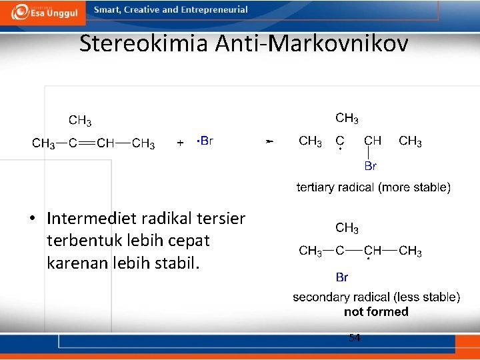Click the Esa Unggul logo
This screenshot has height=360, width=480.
coord(43,12)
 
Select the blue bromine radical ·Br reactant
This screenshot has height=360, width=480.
coord(205,141)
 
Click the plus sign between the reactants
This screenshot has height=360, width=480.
coord(180,143)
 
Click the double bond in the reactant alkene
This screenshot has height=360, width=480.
coord(85,143)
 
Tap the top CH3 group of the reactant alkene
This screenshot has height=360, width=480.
coord(80,121)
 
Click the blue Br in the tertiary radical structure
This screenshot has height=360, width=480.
coord(371,166)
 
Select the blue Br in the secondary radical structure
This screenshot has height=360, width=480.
coord(341,276)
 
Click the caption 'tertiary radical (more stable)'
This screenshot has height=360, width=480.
coord(373,187)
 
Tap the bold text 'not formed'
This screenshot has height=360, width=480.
coord(376,311)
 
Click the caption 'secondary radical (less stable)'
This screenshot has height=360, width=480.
coord(376,297)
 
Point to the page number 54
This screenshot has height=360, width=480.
coord(355,338)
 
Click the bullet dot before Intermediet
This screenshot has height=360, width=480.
coord(32,219)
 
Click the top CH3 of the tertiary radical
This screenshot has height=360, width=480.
coord(347,118)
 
